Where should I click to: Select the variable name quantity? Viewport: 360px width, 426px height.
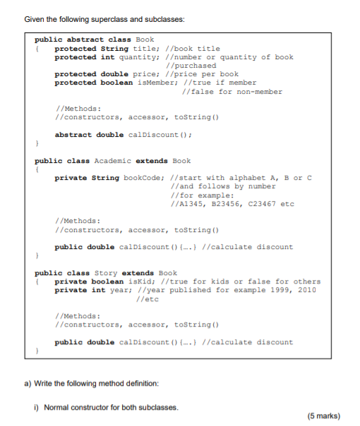pyautogui.click(x=136, y=57)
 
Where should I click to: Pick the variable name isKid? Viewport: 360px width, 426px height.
pyautogui.click(x=150, y=281)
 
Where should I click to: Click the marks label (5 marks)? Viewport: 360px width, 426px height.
pyautogui.click(x=324, y=415)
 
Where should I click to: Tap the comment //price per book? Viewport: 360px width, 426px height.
pyautogui.click(x=203, y=74)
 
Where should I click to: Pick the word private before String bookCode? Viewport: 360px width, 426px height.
pyautogui.click(x=70, y=178)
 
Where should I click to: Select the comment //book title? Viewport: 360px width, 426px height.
pyautogui.click(x=193, y=49)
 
